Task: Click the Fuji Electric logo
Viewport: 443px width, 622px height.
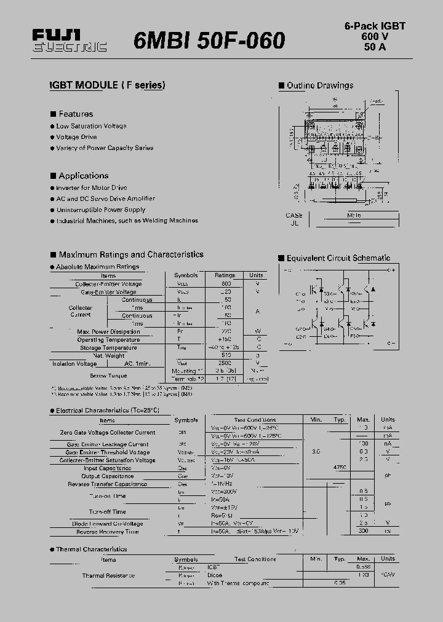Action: click(69, 41)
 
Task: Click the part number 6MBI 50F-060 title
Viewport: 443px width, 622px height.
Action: click(209, 41)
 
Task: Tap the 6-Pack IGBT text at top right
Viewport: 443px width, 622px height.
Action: click(374, 26)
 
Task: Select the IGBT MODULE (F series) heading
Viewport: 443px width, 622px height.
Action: click(107, 85)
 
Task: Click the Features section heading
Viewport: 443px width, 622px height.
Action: click(75, 114)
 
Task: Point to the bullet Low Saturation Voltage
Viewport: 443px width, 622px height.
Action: click(91, 126)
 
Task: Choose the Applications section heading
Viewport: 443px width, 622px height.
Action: click(83, 176)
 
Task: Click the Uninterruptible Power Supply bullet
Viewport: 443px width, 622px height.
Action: click(101, 210)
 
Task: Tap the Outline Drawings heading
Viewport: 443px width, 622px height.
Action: click(319, 85)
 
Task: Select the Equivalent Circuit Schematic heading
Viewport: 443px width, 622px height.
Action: click(338, 258)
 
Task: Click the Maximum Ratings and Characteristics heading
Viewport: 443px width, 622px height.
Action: click(130, 254)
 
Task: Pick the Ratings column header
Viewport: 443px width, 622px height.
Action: click(225, 275)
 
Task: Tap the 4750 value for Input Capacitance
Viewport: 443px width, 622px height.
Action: click(339, 468)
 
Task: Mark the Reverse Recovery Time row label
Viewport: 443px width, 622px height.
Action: click(107, 532)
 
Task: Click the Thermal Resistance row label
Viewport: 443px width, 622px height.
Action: click(108, 575)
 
